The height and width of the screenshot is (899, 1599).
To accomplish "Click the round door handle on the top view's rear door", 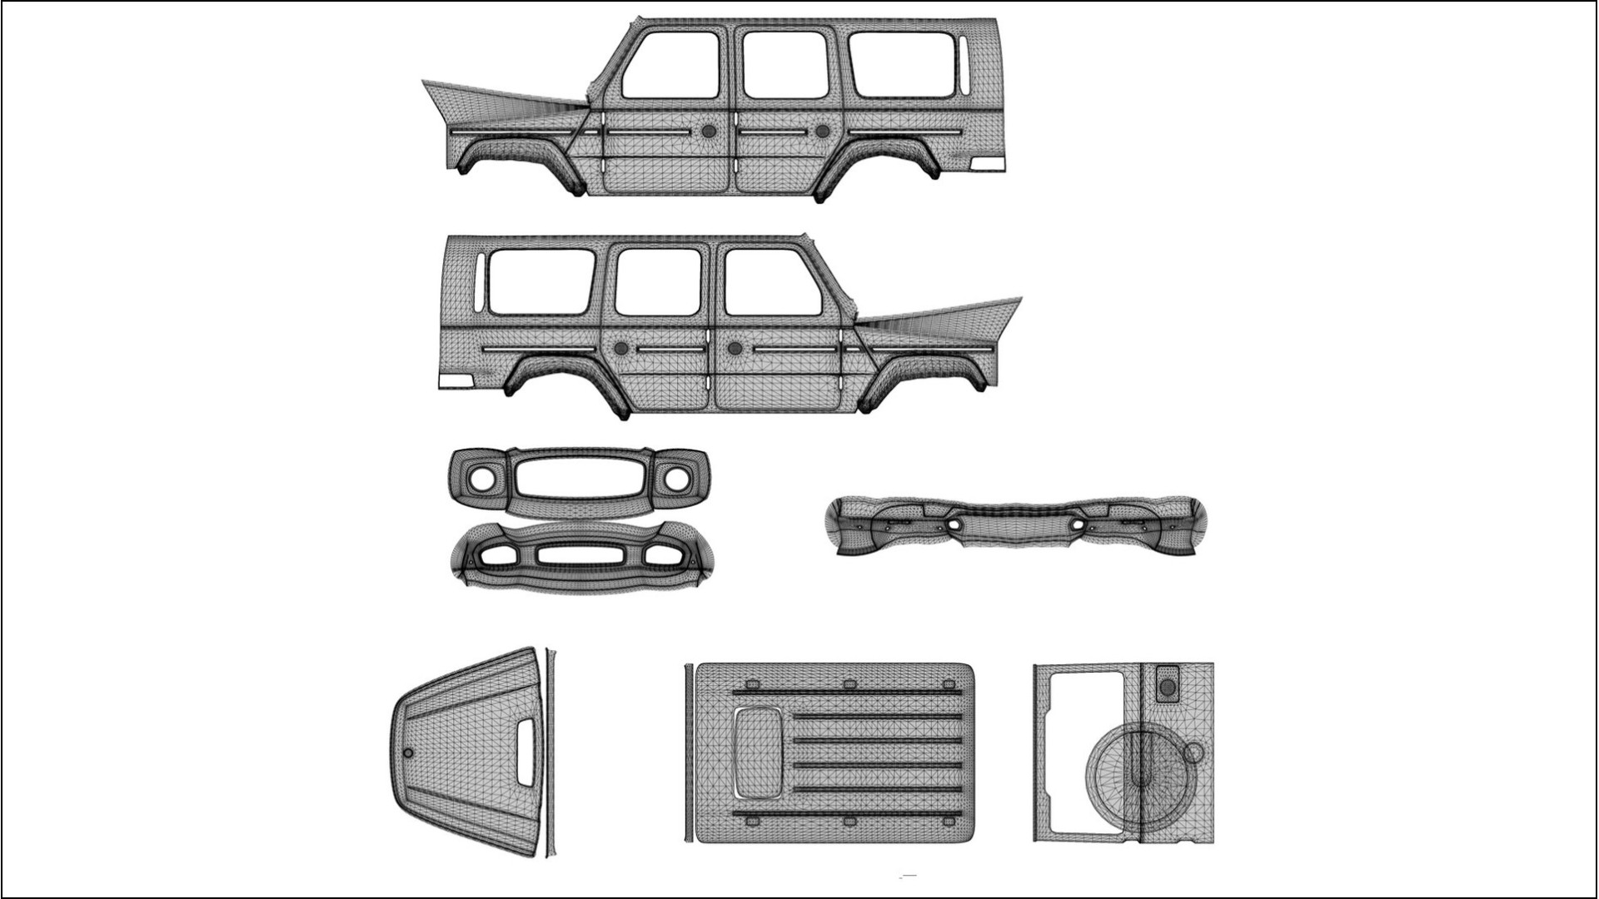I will (x=823, y=132).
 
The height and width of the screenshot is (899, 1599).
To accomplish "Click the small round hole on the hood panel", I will (x=407, y=752).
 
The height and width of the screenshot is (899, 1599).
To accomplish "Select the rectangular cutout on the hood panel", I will (x=527, y=751).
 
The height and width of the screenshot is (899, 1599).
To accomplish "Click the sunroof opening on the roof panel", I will (x=757, y=751).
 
